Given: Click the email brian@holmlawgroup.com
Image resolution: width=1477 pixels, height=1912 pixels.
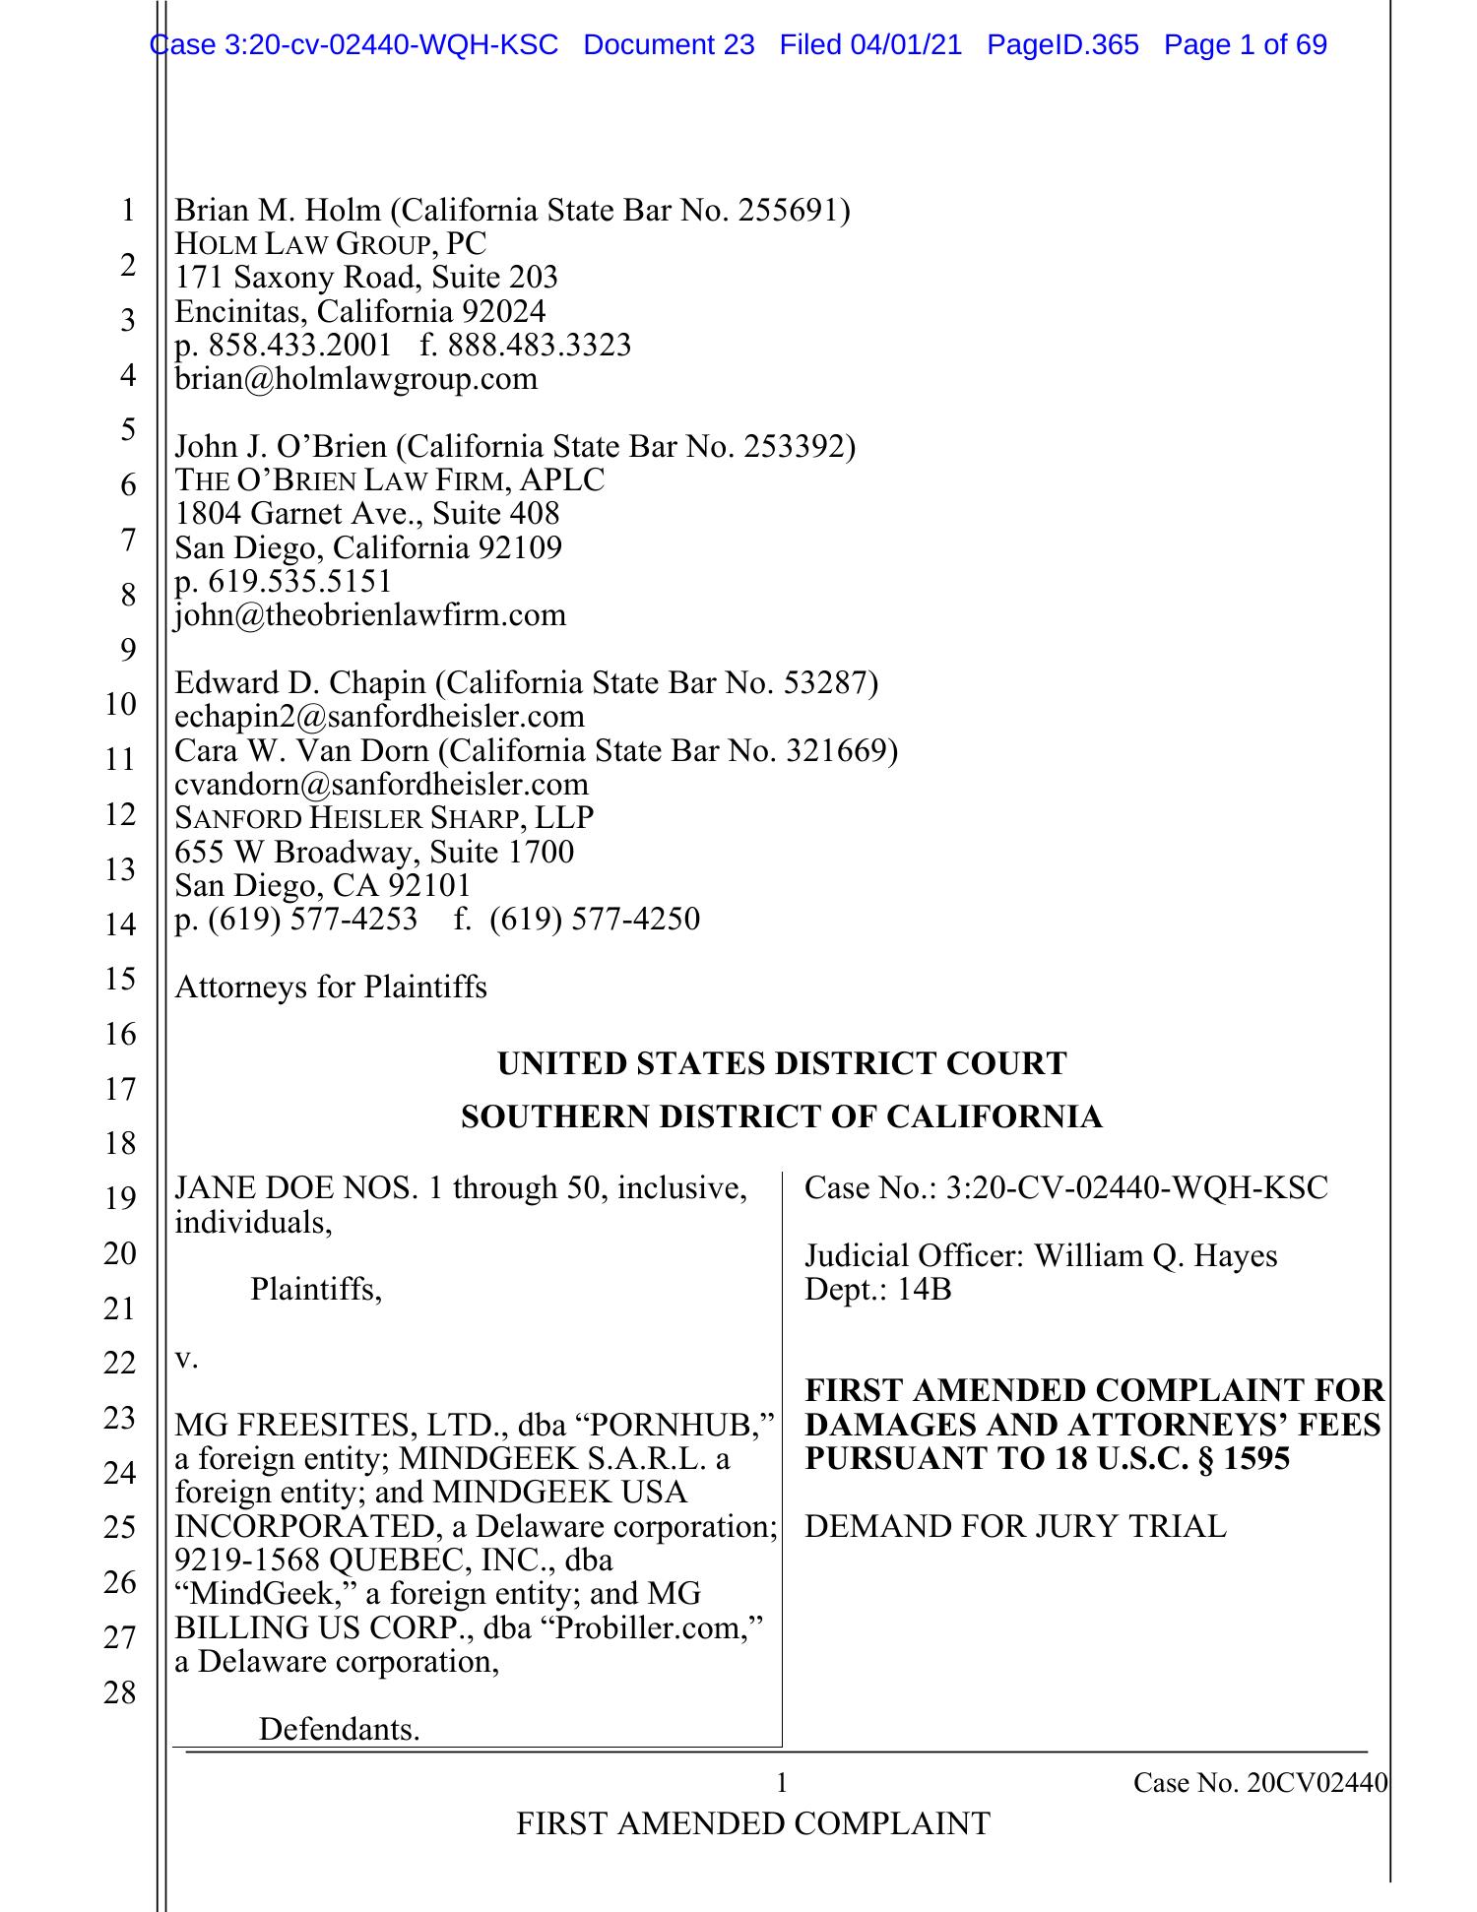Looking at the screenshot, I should (x=355, y=379).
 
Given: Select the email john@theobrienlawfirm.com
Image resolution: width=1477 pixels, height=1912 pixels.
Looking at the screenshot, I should (x=370, y=615).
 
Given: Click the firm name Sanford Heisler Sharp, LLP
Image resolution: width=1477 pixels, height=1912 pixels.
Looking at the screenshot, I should (x=384, y=818).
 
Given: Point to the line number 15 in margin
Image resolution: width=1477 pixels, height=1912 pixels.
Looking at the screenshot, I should (x=119, y=979).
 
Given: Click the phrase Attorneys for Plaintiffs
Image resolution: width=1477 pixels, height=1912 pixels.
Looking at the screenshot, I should (x=331, y=987).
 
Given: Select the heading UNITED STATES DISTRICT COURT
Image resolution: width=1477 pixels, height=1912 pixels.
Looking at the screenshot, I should (x=782, y=1064).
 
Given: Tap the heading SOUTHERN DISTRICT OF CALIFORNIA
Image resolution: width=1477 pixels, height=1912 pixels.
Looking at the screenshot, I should (x=782, y=1117).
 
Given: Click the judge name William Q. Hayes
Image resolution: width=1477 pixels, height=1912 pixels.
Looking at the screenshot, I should (x=1155, y=1256).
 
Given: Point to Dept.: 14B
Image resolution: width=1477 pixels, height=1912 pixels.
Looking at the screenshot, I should (x=877, y=1290).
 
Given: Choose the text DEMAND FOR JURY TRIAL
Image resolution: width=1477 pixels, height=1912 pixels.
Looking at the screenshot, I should (x=1015, y=1527).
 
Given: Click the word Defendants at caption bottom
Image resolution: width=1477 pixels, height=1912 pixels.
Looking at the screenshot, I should (x=339, y=1730).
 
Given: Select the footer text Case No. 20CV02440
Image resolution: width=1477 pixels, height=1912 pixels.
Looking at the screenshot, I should (x=1259, y=1783).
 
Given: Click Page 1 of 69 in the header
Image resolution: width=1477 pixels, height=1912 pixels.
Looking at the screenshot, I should (x=1245, y=44).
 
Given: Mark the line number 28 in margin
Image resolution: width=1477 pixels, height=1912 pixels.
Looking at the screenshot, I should (x=119, y=1693).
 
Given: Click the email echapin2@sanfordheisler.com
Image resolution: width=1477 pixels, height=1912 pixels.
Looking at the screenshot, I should (x=379, y=717).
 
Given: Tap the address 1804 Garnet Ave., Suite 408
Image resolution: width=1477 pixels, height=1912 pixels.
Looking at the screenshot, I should (x=366, y=514).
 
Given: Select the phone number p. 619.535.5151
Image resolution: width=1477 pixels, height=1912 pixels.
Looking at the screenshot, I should (x=283, y=581).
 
